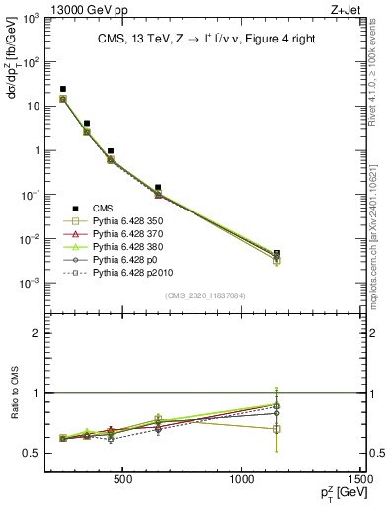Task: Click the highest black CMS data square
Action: click(63, 89)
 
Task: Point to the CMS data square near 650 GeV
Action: click(158, 187)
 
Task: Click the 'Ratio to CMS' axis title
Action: click(17, 392)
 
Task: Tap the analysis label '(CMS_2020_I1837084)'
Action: click(205, 295)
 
